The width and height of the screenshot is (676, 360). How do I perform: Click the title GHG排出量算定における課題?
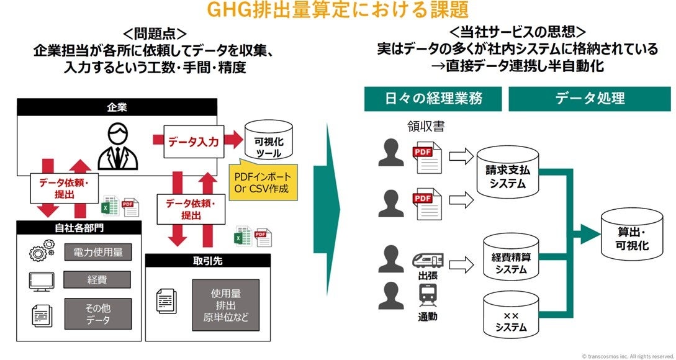(338, 11)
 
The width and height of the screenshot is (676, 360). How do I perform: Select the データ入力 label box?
(193, 142)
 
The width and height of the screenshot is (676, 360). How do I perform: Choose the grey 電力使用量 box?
(97, 252)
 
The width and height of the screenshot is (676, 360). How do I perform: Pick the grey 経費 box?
(97, 280)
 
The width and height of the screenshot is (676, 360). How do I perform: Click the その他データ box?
(97, 313)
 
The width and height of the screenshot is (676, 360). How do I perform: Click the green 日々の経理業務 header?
(433, 99)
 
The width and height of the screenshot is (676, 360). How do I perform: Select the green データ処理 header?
(590, 99)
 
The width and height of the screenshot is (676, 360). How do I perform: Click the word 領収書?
(426, 126)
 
